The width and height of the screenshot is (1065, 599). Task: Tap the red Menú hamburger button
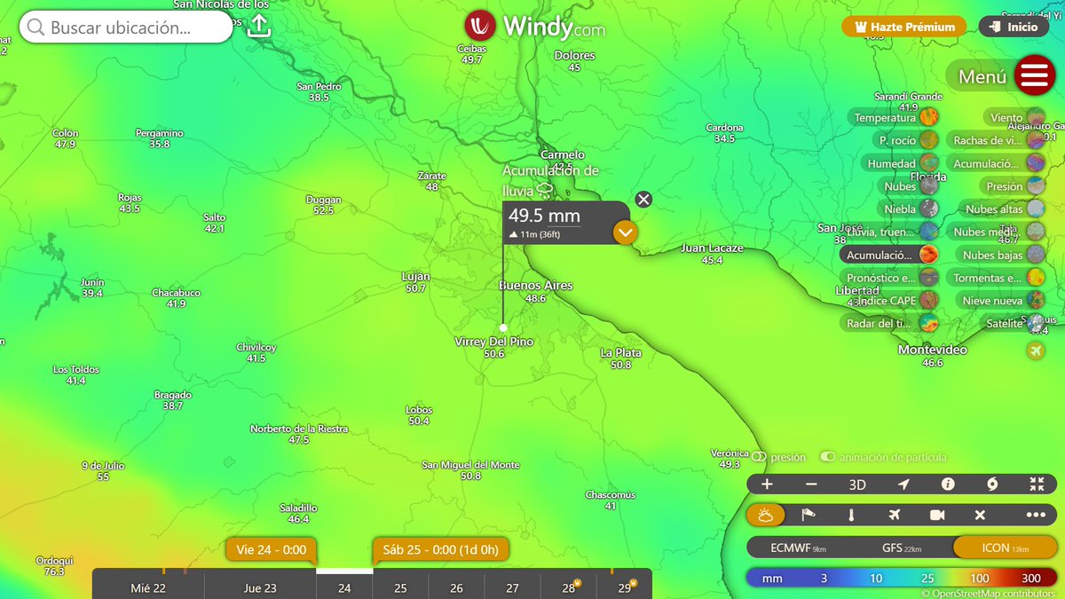1034,75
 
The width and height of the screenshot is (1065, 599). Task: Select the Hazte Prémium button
903,27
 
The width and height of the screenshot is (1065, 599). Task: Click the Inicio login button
1013,27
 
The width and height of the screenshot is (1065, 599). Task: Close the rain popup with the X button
643,199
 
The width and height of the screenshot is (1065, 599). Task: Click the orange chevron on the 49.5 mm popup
625,233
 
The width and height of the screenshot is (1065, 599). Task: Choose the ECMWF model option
798,548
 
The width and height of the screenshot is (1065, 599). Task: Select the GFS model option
898,548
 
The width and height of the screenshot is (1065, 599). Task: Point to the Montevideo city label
932,350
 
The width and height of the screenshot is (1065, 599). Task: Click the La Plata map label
620,352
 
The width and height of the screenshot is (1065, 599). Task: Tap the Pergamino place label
160,133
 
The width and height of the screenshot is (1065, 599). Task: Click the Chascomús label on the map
610,494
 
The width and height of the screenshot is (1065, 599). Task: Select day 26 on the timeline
456,587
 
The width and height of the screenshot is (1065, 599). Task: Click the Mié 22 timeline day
147,587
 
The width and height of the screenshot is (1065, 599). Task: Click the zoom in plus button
767,485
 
